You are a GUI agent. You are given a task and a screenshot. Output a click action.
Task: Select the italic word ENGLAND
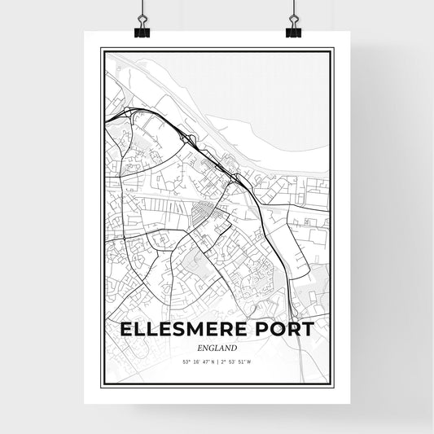coord(217,348)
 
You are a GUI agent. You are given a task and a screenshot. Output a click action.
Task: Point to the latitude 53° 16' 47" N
coord(193,362)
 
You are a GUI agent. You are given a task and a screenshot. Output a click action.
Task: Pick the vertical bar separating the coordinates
coord(217,362)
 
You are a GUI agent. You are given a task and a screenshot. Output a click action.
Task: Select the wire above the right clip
coord(293,10)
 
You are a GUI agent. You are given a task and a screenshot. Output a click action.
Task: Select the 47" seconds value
coord(203,362)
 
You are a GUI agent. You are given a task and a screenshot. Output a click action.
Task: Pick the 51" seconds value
coord(250,362)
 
